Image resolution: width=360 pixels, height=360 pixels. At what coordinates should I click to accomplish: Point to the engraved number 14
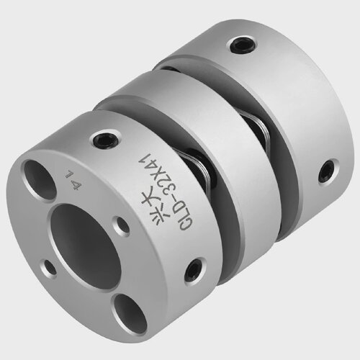click(73, 181)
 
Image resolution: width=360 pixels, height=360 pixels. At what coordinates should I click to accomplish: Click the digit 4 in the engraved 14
click(76, 186)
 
